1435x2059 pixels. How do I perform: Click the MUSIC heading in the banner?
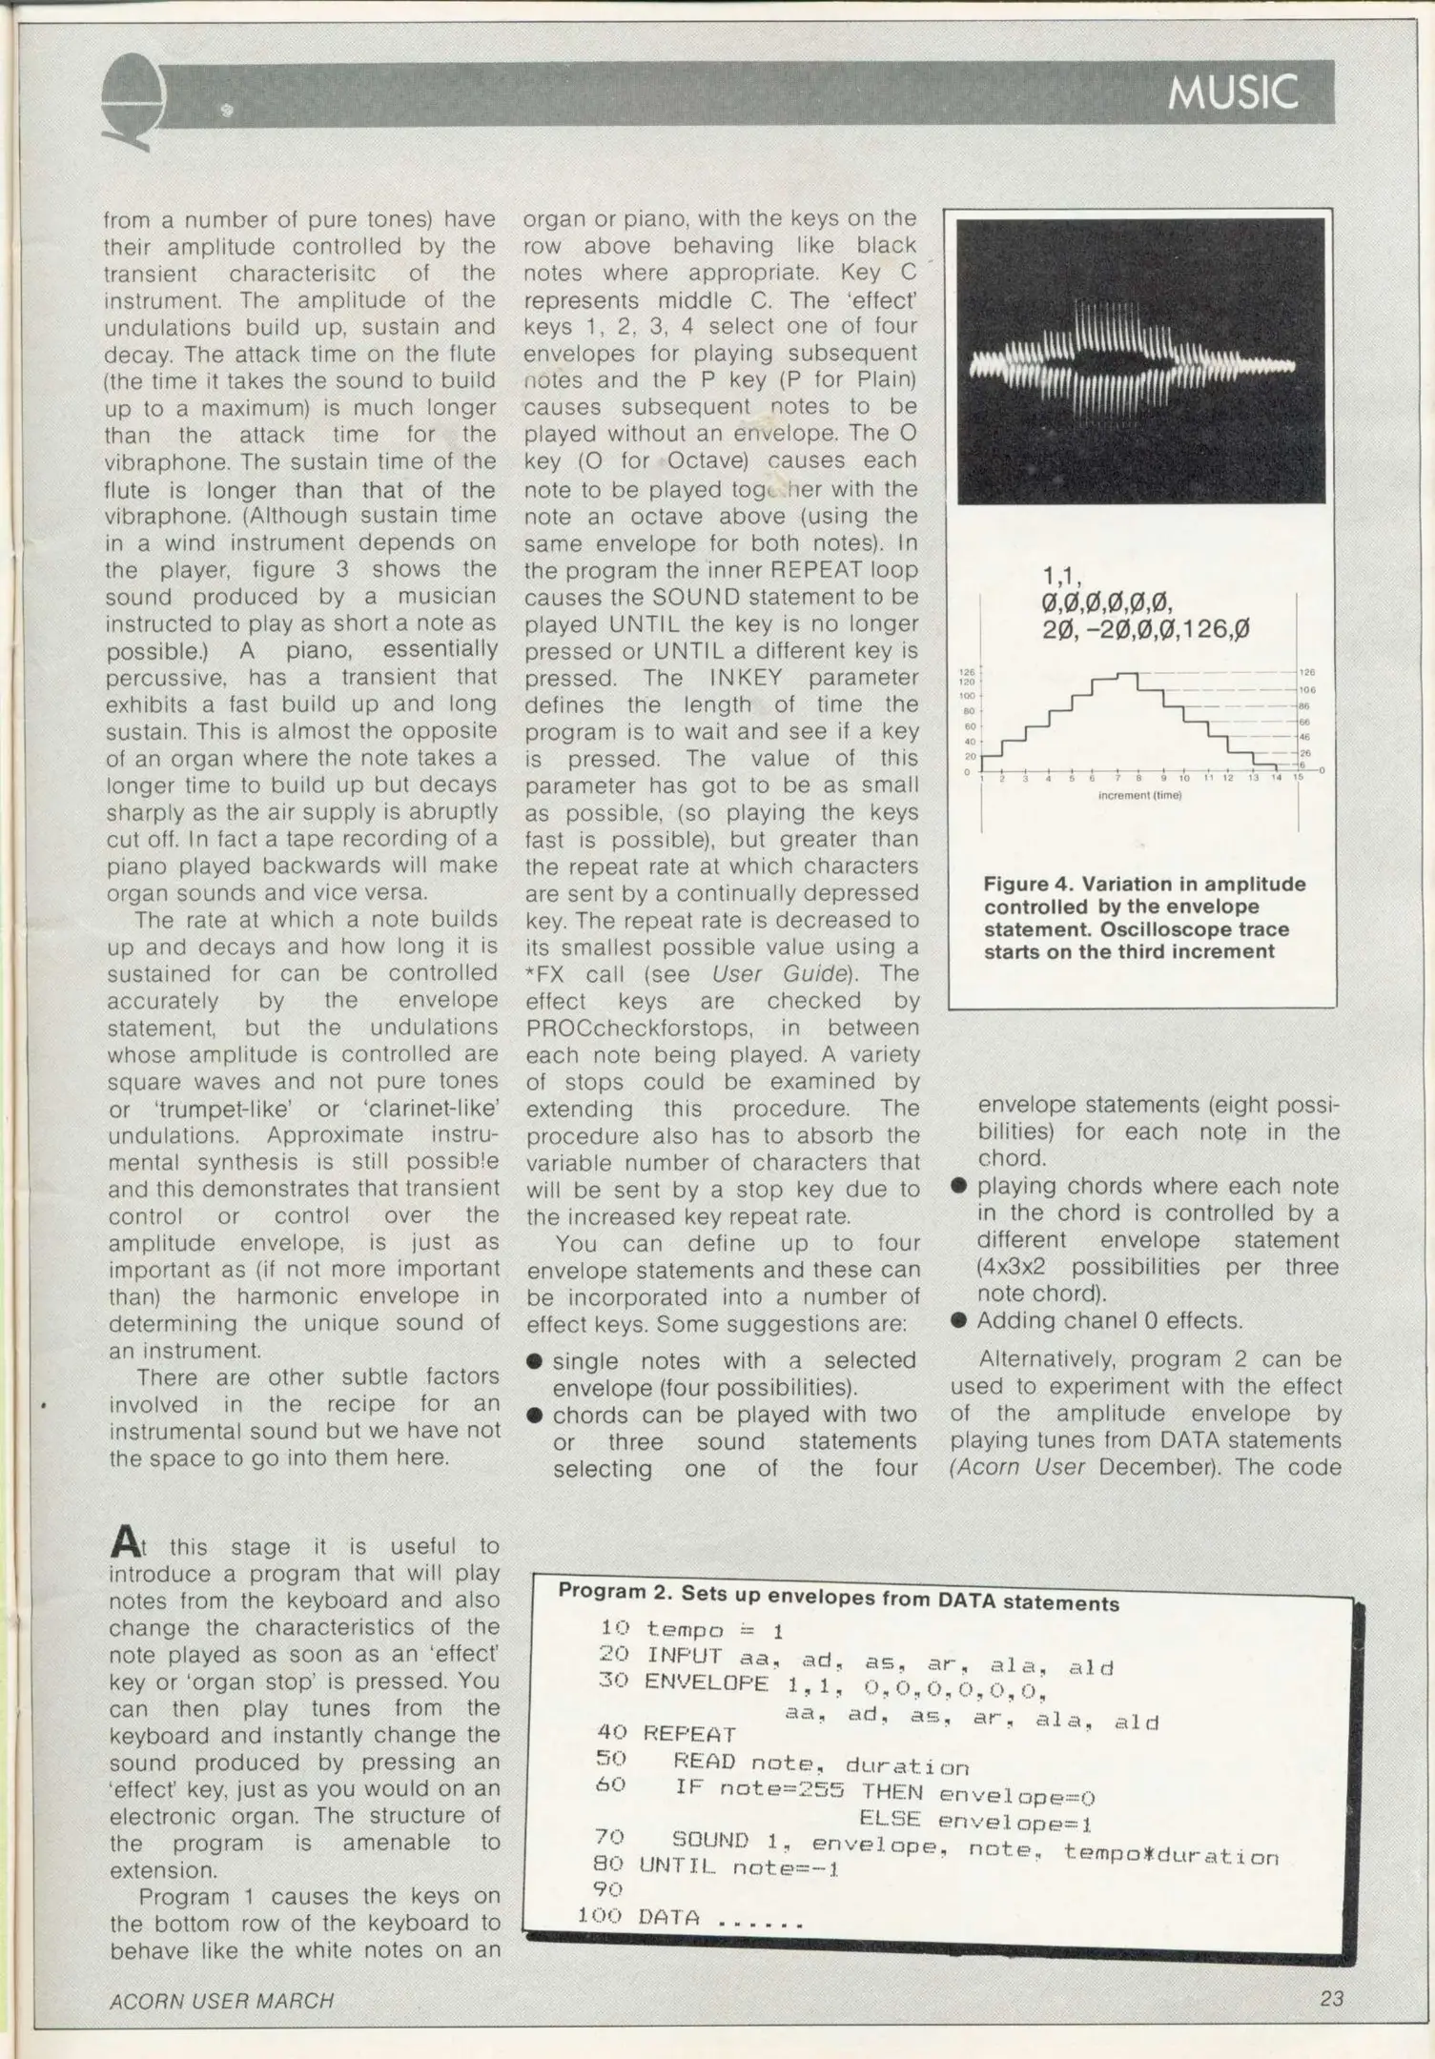click(1232, 92)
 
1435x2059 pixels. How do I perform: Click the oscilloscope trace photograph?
click(1140, 360)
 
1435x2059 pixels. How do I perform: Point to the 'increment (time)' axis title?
click(1138, 795)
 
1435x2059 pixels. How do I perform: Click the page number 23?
click(1331, 1998)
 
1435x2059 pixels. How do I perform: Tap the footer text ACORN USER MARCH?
click(221, 2000)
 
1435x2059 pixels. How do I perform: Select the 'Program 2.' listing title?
click(614, 1591)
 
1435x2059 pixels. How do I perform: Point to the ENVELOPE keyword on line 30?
click(706, 1682)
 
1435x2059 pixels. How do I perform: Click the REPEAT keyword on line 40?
click(689, 1734)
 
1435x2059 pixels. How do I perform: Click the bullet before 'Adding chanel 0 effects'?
click(959, 1320)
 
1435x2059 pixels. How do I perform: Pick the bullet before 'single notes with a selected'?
click(536, 1360)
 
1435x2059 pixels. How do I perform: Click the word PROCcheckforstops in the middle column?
click(620, 1028)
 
